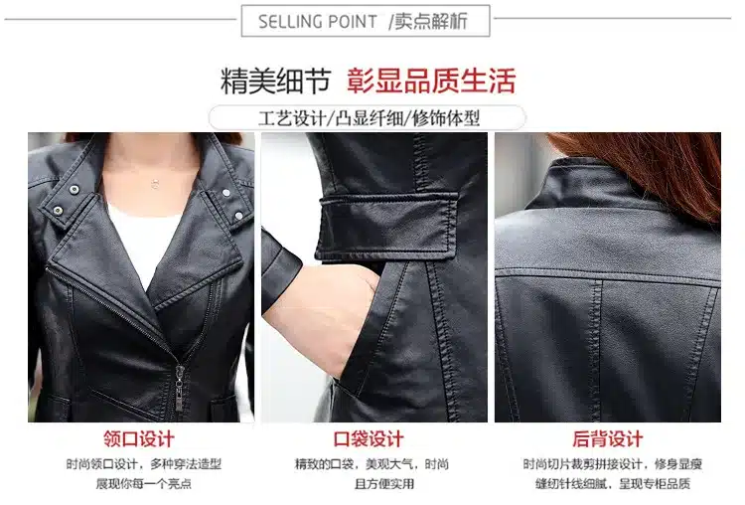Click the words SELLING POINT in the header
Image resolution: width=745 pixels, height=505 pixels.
coord(318,22)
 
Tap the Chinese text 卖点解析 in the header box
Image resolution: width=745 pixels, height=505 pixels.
coord(431,21)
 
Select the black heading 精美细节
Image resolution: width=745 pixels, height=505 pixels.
coord(275,81)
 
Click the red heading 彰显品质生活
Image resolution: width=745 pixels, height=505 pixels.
coord(431,81)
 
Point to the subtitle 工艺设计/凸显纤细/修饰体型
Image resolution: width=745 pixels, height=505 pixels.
coord(370,118)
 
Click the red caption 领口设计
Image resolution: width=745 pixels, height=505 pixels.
coord(139,438)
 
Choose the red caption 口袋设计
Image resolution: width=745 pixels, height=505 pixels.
coord(369,438)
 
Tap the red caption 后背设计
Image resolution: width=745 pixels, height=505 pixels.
coord(608,438)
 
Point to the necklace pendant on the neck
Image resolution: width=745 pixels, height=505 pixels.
coord(154,183)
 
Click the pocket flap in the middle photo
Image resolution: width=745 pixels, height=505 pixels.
coord(387,226)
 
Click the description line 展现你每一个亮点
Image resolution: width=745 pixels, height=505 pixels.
coord(143,483)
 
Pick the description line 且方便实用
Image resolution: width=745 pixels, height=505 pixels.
coord(383,483)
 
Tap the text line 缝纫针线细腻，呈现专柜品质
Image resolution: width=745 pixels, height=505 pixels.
coord(613,483)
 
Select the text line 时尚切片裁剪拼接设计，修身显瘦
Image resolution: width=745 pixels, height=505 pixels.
coord(613,463)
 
